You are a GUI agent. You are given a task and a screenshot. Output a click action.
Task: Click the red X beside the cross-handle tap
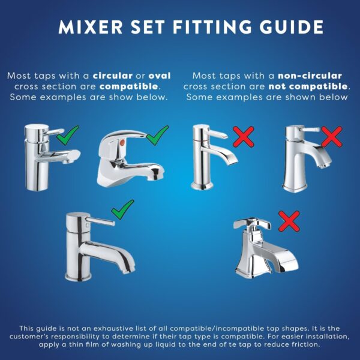pos(289,221)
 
